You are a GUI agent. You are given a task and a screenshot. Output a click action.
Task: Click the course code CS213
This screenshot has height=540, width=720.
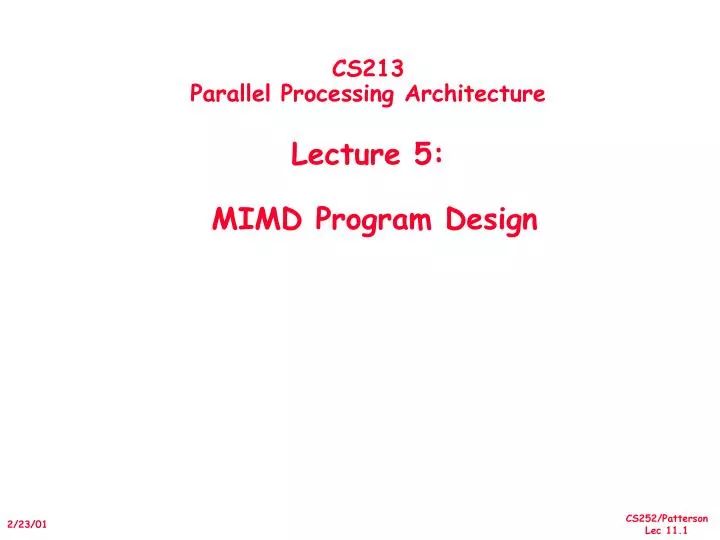click(x=367, y=68)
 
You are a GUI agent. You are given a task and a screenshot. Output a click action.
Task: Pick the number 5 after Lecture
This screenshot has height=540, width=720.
click(x=420, y=155)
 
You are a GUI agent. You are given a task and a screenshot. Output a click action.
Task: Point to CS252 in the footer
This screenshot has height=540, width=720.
click(x=641, y=518)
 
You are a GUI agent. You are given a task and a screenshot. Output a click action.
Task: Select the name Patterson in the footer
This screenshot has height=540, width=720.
click(x=685, y=518)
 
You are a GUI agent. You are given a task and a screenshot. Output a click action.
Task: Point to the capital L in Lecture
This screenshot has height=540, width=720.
click(x=298, y=155)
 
